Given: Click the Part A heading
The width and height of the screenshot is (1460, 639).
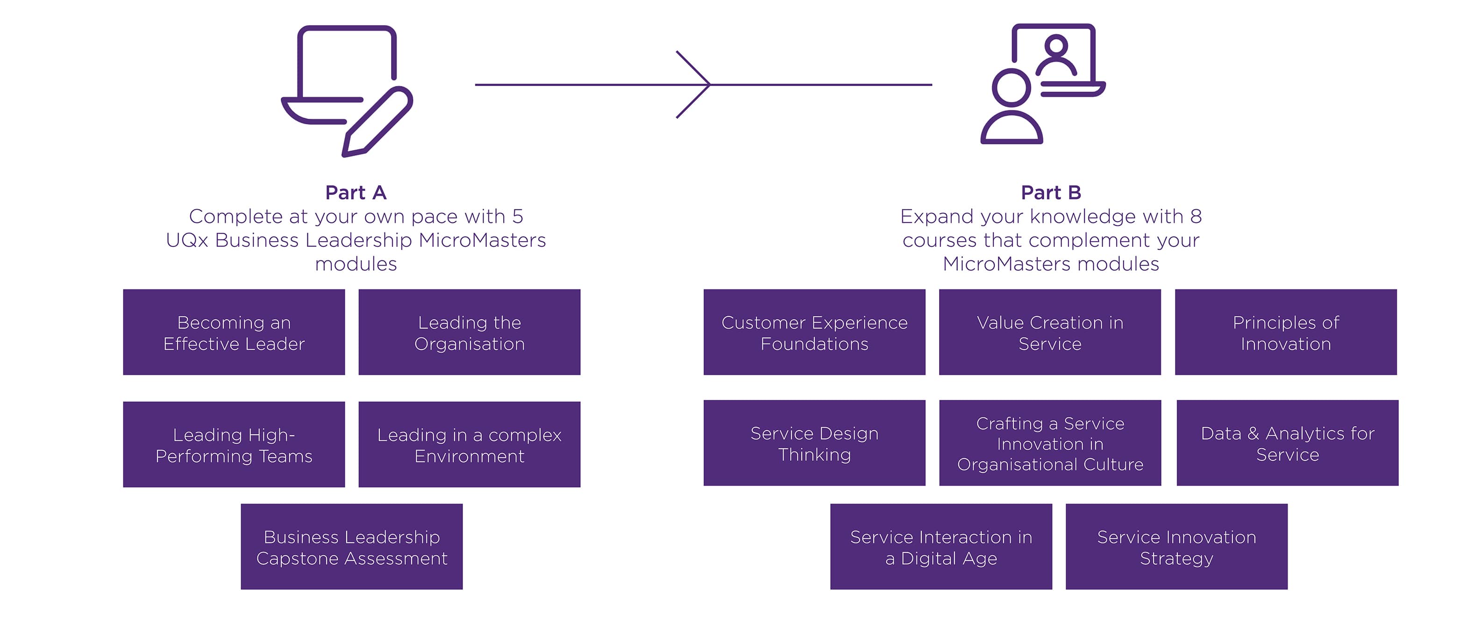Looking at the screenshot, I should pyautogui.click(x=356, y=193).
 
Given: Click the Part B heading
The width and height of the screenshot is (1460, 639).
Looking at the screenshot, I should pyautogui.click(x=1051, y=193).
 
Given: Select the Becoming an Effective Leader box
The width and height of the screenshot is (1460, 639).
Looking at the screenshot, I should pyautogui.click(x=234, y=332).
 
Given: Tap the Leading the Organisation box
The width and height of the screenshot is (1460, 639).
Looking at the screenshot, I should pyautogui.click(x=469, y=332).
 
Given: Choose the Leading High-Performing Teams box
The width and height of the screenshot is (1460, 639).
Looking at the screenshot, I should pyautogui.click(x=234, y=445).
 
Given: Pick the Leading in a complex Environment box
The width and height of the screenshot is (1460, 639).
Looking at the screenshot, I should pyautogui.click(x=469, y=445).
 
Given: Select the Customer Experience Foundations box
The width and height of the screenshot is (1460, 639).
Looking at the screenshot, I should pyautogui.click(x=814, y=332).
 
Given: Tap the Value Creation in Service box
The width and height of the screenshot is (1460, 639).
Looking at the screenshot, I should pyautogui.click(x=1050, y=332).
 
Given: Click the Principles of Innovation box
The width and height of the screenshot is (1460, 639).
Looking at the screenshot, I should pyautogui.click(x=1285, y=332).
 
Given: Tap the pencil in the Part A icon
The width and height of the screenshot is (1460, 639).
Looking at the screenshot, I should pyautogui.click(x=377, y=122).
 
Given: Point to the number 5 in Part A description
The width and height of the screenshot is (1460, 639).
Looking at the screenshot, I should pyautogui.click(x=518, y=216).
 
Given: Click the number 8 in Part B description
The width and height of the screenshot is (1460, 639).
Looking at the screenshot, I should pyautogui.click(x=1195, y=216).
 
